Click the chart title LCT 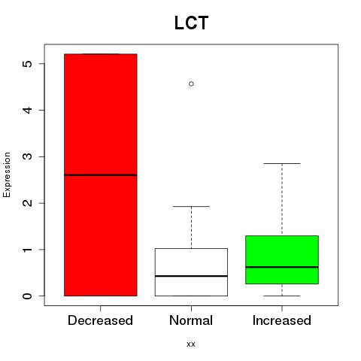191,23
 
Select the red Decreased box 101,174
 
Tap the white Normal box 191,272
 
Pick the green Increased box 282,259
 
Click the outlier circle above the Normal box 191,84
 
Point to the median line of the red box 101,175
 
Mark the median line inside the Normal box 191,276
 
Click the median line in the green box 282,267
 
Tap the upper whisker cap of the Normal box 191,207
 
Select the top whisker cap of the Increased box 282,163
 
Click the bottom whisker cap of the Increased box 282,296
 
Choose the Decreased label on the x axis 100,320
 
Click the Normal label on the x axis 191,320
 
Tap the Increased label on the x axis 282,320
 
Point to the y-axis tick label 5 27,64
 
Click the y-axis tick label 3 27,156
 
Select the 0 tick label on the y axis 27,296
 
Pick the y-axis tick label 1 27,250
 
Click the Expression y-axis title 7,174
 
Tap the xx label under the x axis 191,344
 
